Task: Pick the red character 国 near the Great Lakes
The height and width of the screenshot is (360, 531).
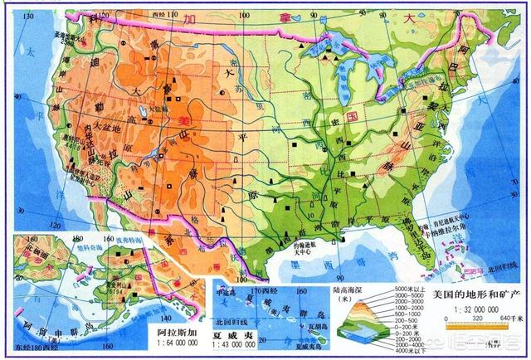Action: click(x=353, y=119)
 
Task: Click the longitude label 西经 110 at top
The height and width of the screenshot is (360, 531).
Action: click(x=168, y=15)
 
